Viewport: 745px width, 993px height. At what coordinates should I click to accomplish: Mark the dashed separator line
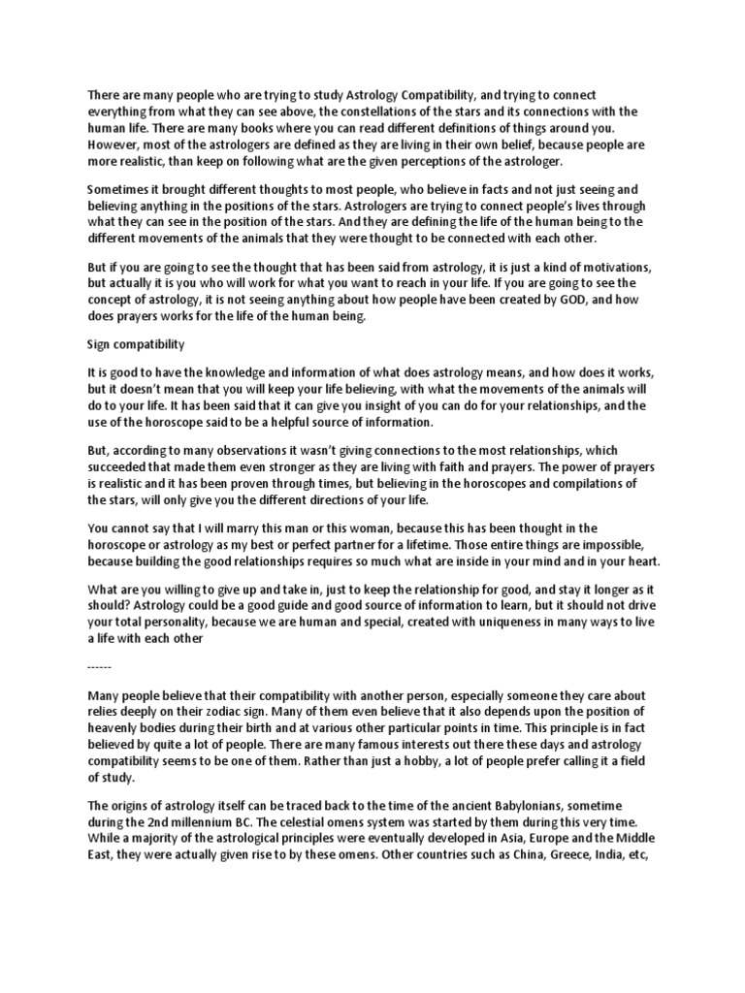[100, 669]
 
